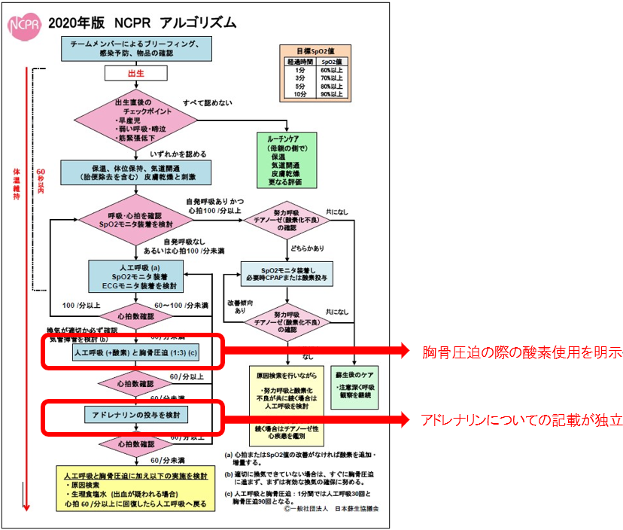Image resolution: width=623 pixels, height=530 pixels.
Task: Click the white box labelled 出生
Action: pos(135,72)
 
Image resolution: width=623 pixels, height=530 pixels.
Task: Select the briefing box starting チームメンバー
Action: pos(135,46)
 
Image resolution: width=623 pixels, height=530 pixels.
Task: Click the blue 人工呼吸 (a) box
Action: pos(135,276)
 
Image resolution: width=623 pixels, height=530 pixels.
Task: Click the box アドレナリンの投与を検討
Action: pos(135,415)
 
